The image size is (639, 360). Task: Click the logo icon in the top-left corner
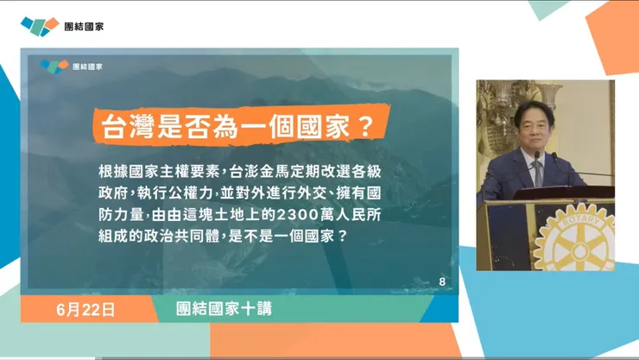click(40, 26)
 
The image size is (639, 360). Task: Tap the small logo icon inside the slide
click(54, 66)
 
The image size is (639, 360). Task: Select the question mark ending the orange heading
click(364, 128)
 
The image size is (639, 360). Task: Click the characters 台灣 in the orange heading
click(123, 128)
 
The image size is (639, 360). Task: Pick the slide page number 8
click(442, 281)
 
